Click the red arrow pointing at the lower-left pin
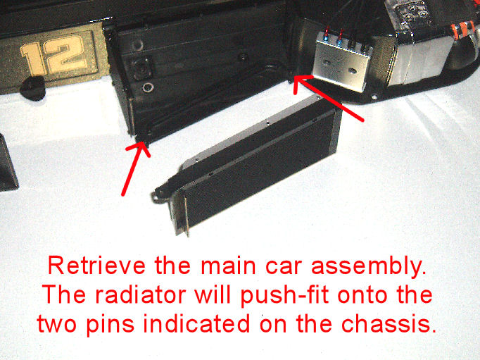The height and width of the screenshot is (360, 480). coord(136,169)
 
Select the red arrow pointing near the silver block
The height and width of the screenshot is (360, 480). coord(329,97)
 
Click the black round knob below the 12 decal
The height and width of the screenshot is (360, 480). coord(32,88)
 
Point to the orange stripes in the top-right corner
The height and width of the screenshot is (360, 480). coord(463,29)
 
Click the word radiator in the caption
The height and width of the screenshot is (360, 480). coord(141,294)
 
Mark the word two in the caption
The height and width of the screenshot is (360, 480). coord(57,324)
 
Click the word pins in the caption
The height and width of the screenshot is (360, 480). coord(110,325)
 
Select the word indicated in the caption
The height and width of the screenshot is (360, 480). coord(196,323)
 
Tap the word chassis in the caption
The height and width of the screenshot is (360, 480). coord(389,323)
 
